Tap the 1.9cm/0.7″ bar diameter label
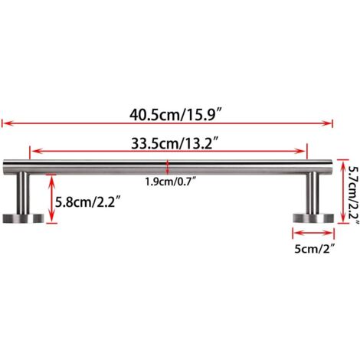pos(168,182)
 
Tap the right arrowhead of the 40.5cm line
pos(331,120)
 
